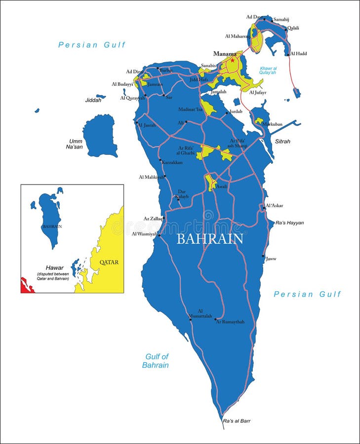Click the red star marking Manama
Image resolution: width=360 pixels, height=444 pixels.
tap(232, 60)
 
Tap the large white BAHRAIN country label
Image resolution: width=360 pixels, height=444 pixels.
tap(210, 239)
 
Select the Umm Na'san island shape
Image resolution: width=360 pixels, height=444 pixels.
tap(100, 135)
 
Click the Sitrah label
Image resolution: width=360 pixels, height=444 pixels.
tap(282, 142)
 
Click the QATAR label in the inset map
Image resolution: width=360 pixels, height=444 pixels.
tap(109, 262)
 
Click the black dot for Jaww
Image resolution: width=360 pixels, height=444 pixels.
tap(263, 256)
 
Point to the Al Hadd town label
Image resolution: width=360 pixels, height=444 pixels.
tap(299, 53)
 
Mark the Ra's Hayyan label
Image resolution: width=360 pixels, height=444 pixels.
tap(289, 222)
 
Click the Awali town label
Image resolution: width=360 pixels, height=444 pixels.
tap(222, 186)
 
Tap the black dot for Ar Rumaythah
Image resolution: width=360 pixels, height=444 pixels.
tap(216, 319)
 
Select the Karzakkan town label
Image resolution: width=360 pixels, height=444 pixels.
tap(172, 162)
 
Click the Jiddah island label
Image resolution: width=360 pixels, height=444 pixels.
tap(93, 100)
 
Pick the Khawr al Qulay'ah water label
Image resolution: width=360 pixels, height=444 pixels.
tap(268, 70)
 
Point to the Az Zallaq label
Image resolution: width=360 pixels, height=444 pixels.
tap(153, 218)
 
